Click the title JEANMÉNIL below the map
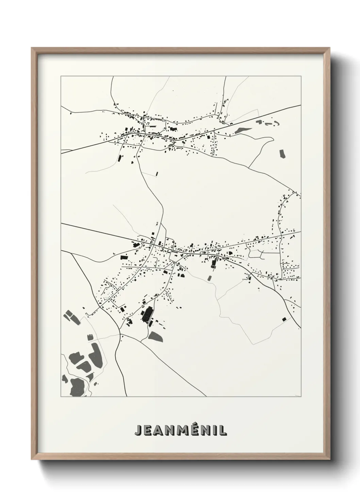coord(180,430)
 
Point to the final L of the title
coord(223,430)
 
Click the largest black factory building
coord(147,315)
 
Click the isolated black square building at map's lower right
coord(284,319)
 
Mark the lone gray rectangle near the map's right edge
coord(282,154)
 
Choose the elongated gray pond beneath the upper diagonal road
coord(243,130)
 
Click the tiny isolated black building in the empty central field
coord(157,174)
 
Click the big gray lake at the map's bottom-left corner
coord(78,387)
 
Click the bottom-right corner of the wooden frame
coord(330,459)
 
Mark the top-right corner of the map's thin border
coord(301,76)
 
